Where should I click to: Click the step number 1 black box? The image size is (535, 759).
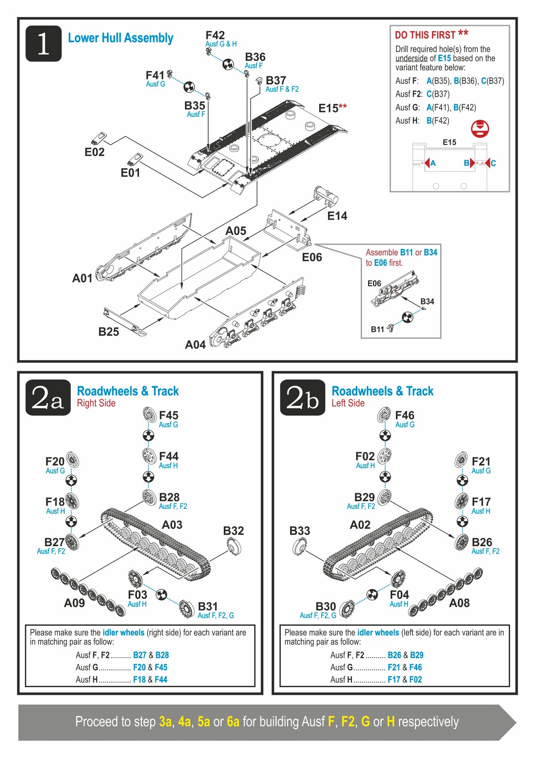click(43, 43)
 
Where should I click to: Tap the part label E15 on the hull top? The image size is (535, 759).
click(329, 108)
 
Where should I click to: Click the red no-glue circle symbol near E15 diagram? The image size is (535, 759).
click(480, 128)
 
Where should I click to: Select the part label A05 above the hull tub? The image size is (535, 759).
click(235, 231)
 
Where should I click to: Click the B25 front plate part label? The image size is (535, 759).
click(108, 332)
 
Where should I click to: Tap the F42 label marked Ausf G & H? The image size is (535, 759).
click(215, 35)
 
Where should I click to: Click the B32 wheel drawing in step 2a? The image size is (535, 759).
click(234, 545)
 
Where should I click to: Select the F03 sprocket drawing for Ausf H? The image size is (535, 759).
click(135, 578)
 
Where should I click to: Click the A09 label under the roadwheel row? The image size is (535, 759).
click(74, 603)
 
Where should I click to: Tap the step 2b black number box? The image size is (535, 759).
click(302, 397)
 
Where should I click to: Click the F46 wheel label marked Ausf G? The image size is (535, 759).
click(404, 416)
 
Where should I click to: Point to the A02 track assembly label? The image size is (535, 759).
click(360, 525)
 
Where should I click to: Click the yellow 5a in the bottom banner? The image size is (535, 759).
click(203, 722)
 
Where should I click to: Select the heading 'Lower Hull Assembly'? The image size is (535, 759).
click(120, 38)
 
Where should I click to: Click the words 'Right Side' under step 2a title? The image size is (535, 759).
click(96, 403)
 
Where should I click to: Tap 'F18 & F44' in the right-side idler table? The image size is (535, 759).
click(150, 680)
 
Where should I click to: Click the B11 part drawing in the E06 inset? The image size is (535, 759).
click(391, 328)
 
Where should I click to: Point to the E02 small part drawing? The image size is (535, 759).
click(100, 138)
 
